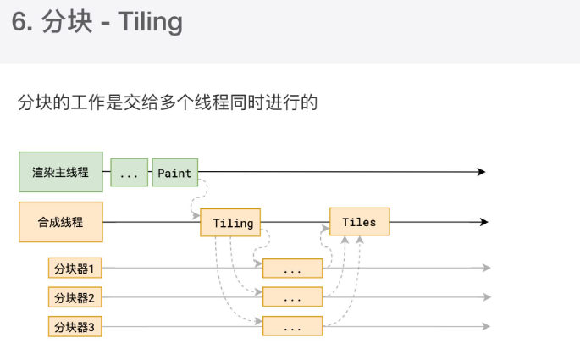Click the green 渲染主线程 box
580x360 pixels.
pos(61,172)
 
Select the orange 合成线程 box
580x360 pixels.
pos(61,222)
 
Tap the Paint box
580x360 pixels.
pos(174,173)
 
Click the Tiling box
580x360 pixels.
pos(230,223)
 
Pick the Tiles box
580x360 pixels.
pos(359,222)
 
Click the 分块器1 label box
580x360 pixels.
pos(74,269)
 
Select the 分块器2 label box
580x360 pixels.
pos(74,297)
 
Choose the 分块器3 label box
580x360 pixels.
pos(74,326)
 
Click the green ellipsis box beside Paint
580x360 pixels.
pos(129,173)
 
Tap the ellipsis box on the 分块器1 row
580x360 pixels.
pos(292,269)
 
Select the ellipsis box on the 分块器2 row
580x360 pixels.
pos(292,297)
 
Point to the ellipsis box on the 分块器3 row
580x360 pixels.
pos(292,326)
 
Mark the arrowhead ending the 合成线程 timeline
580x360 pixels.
pos(483,222)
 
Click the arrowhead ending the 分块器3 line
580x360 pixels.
pos(486,325)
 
